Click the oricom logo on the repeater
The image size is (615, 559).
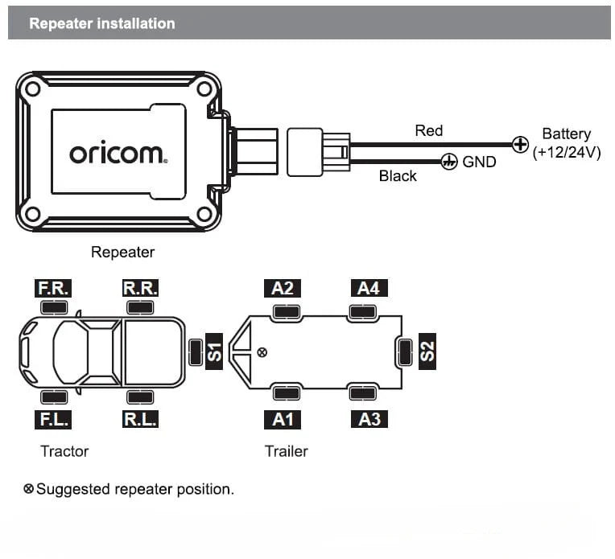pos(118,153)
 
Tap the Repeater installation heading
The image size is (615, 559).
pos(101,23)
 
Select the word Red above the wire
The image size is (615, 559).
pos(428,130)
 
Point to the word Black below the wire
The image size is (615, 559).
pos(398,175)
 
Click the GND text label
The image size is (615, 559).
pos(479,162)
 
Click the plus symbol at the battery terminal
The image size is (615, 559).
pos(521,146)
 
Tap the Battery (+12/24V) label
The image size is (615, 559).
pos(566,143)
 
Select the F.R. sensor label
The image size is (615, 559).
pos(54,288)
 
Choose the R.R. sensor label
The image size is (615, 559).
pos(140,288)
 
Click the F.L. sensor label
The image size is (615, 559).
pos(54,419)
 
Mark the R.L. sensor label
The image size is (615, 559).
pos(140,419)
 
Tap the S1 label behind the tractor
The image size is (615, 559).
pos(214,351)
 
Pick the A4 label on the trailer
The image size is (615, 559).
pos(368,288)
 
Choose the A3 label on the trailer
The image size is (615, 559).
pos(368,419)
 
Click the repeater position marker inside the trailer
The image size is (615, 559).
pos(261,352)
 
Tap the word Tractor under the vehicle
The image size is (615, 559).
pos(64,451)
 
